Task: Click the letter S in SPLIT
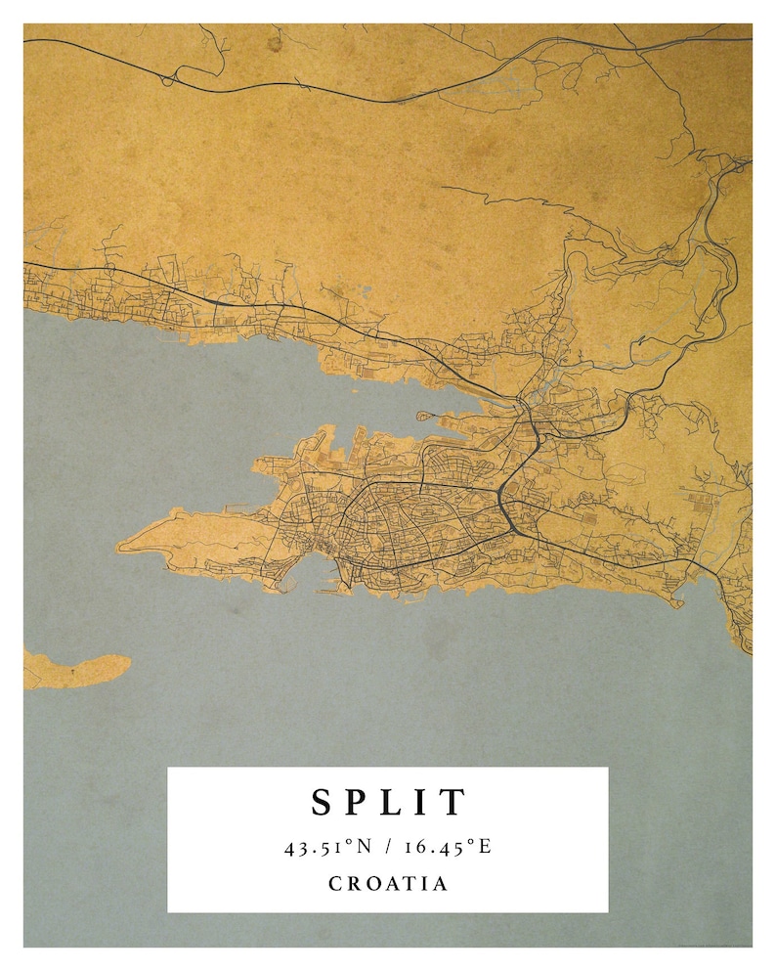coord(323,803)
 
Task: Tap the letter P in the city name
coord(358,803)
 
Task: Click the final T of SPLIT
coord(452,803)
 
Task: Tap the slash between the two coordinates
coord(387,847)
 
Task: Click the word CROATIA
coord(388,884)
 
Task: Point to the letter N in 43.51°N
coord(364,847)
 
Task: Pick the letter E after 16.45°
coord(484,847)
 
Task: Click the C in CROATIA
coord(335,884)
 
